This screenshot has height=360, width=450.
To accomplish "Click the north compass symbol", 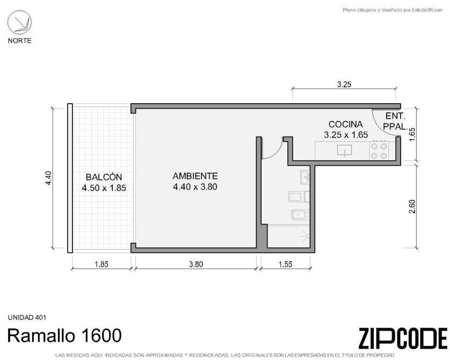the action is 19,23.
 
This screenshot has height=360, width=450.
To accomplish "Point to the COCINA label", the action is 346,124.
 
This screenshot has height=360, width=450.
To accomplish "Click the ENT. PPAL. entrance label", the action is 396,121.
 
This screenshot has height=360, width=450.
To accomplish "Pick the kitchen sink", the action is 344,150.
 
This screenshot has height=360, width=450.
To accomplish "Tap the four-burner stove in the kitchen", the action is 379,151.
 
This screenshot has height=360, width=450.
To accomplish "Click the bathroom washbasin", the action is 305,177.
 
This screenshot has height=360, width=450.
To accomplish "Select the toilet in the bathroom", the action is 299,197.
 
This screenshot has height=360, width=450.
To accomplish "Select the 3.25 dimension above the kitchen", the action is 344,84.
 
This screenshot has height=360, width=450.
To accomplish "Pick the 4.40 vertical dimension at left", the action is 48,178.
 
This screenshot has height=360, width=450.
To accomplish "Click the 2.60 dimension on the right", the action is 412,206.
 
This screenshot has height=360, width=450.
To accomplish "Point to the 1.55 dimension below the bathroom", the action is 286,264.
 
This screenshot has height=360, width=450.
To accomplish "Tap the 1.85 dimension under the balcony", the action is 101,264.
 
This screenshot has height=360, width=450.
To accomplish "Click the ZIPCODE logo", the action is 403,338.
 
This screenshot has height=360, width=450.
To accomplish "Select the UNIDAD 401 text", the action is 27,318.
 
